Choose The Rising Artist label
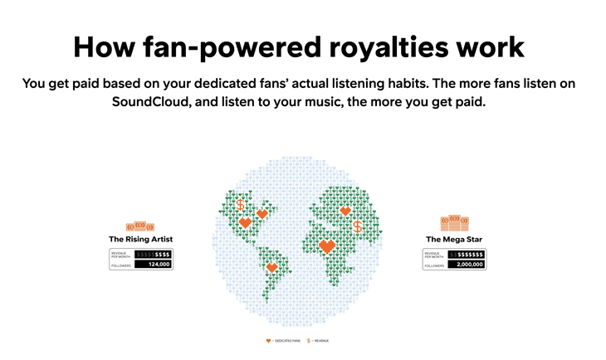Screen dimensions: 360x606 (x=140, y=239)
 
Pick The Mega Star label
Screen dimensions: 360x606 (x=454, y=239)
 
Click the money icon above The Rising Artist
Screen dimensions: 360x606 (x=140, y=226)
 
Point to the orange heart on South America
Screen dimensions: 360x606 (x=271, y=268)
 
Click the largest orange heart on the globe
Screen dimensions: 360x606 (x=327, y=246)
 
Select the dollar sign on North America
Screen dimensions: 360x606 (x=241, y=203)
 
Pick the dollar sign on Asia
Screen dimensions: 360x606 (x=358, y=226)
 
